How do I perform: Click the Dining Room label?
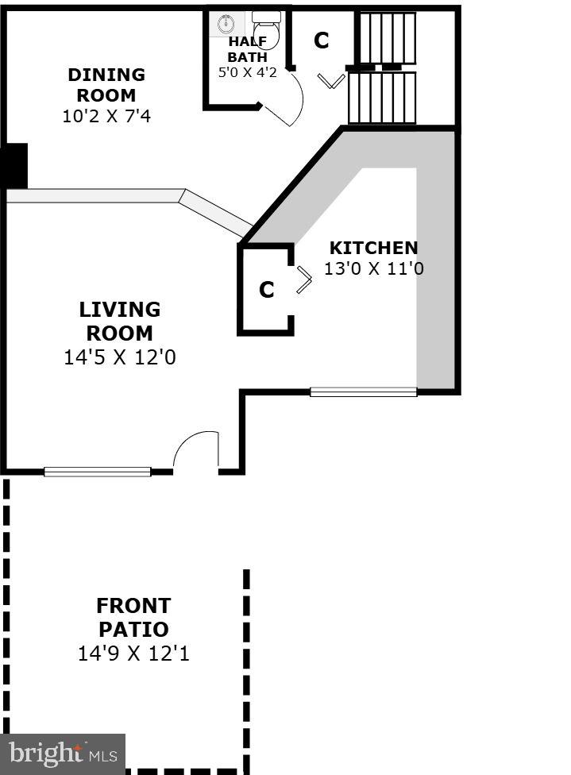pos(106,85)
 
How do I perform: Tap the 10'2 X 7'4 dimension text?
pos(106,116)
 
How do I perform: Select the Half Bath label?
pos(248,49)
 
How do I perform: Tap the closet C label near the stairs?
pos(321,40)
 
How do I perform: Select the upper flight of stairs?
pos(384,37)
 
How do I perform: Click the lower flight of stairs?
pos(382,98)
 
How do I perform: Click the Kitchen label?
pos(373,248)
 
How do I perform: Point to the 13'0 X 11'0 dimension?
pos(373,269)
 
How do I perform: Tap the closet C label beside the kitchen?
pos(267,291)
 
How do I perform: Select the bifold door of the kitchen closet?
pos(303,280)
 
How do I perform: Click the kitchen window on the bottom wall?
pos(363,391)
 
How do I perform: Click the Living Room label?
pos(119,321)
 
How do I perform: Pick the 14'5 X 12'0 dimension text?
pos(119,358)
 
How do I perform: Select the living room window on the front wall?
pos(97,472)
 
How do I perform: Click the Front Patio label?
pos(133,618)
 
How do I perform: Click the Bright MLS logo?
pos(63,753)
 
